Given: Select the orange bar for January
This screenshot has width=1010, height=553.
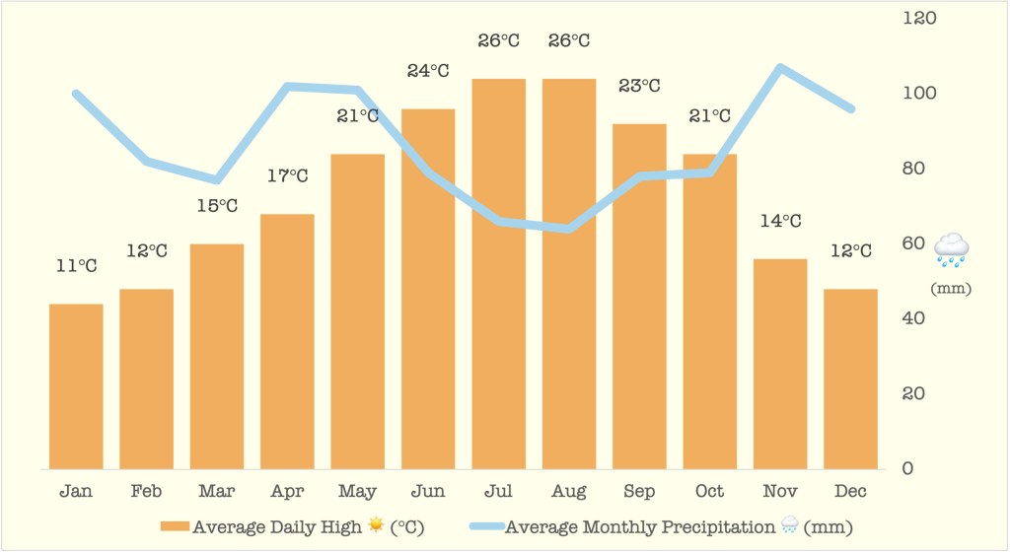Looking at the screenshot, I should coord(76,386).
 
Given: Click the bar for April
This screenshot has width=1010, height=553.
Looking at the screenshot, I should coord(287,341).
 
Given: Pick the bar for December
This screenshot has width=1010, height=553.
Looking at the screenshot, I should coord(850,379).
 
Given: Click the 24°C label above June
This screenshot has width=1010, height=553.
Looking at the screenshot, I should coord(428,71).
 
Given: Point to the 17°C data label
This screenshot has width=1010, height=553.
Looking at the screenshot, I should coord(287,176).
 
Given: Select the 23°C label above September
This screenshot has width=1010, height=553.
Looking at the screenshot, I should coord(639,86).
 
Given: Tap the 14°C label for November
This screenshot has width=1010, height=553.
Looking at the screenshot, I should coord(780,221).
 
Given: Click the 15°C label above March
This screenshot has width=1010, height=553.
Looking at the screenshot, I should coord(217,206).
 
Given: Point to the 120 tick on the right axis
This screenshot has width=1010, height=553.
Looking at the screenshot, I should coord(918,18).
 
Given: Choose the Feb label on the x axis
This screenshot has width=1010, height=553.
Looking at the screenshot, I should coord(146,491).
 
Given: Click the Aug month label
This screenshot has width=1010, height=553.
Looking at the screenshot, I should coord(569,491).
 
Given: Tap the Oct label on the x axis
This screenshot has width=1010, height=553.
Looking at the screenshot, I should coord(709,491).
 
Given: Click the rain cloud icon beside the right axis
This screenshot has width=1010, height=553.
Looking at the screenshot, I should coord(952,250).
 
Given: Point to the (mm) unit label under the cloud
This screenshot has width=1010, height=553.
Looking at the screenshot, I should coord(951,289).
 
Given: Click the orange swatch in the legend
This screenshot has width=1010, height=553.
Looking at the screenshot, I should coord(175,527).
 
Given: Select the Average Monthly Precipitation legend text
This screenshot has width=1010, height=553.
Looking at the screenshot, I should coord(639,527).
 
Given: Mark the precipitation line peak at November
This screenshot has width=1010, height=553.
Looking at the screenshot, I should coord(780,68).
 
